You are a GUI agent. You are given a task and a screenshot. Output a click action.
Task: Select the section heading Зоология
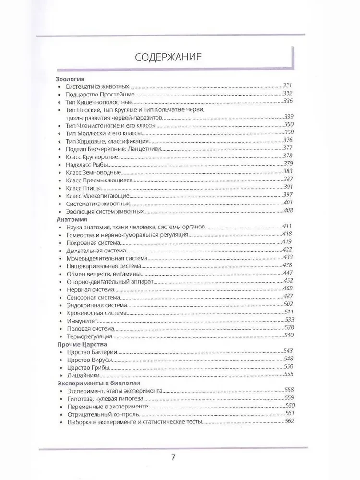click(x=71, y=78)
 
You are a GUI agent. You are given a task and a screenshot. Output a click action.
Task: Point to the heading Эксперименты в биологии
click(x=98, y=384)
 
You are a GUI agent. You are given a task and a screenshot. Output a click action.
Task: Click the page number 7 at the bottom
click(x=173, y=456)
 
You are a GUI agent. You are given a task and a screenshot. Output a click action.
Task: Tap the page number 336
click(x=288, y=102)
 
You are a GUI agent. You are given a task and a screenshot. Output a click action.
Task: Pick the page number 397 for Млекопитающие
click(x=288, y=195)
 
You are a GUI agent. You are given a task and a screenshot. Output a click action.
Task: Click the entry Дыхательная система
click(x=96, y=251)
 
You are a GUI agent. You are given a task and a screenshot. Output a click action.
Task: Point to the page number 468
click(x=288, y=288)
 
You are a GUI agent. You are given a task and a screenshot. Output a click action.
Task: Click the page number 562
click(x=288, y=421)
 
